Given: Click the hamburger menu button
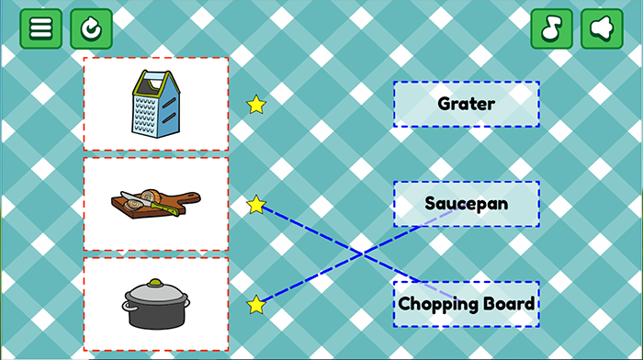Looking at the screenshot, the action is point(41,28).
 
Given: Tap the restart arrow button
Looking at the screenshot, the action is point(91,28).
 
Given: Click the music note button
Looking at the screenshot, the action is point(551,28).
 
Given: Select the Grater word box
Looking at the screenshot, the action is point(467,104).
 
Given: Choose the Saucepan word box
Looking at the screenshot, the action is point(467,204).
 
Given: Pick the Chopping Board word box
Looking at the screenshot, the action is point(467,304).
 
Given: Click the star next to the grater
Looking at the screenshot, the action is point(256,105).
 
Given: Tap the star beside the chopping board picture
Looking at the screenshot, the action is point(256,205).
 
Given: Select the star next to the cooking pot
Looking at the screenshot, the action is point(256,305).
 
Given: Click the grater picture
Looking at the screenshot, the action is point(156,104).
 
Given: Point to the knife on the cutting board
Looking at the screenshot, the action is point(149,203).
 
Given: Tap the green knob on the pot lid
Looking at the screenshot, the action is point(155,283).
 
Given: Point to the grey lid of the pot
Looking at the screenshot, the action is point(156,292).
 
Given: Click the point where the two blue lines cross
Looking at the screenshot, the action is point(363,254).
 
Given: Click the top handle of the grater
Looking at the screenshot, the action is point(156,78).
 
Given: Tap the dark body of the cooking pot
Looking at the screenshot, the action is point(156,314).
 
